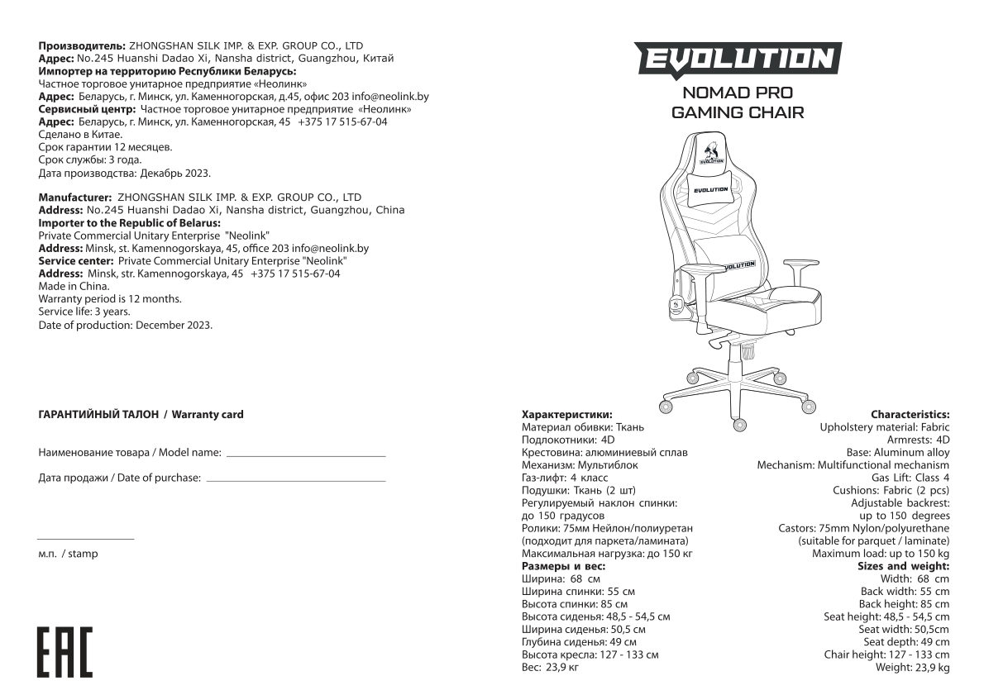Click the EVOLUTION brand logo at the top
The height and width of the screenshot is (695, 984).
tap(738, 60)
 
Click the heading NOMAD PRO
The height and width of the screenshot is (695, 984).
tap(738, 93)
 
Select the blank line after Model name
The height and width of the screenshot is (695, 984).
tap(306, 455)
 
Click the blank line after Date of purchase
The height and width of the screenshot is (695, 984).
tap(295, 480)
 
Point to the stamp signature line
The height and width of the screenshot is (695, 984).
tap(85, 539)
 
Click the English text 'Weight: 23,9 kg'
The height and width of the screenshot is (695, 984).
tap(912, 668)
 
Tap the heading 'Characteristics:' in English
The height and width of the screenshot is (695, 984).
tap(910, 414)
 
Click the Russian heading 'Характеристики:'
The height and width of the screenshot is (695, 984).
tap(567, 414)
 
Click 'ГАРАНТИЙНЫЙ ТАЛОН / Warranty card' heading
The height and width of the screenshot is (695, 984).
tap(141, 414)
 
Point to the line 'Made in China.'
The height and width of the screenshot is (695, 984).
tap(74, 286)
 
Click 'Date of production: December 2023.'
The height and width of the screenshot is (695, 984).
tap(126, 325)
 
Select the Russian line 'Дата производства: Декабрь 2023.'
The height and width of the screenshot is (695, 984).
tap(125, 174)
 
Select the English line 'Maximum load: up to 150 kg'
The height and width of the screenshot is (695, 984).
tap(881, 554)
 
